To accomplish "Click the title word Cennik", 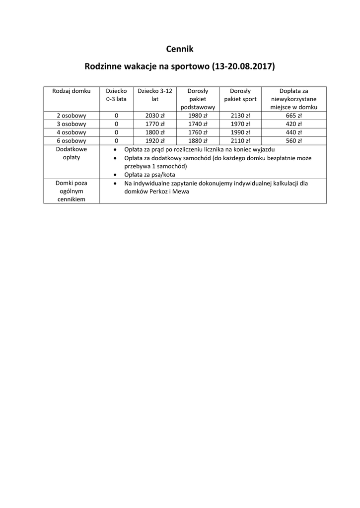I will (x=179, y=49).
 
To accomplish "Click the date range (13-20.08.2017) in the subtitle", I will (x=243, y=66).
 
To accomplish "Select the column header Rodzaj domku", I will (x=72, y=91).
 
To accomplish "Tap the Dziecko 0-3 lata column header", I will (x=116, y=95).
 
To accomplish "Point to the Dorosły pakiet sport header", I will (x=240, y=95).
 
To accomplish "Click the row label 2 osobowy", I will (x=72, y=116).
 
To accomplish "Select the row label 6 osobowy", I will (x=72, y=140).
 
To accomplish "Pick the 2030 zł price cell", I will (x=155, y=116).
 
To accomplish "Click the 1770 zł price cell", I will (x=155, y=124).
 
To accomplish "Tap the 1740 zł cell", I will (x=198, y=124).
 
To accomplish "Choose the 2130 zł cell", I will (x=240, y=116).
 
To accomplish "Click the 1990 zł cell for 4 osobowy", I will (x=240, y=132).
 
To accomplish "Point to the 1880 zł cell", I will (x=198, y=140).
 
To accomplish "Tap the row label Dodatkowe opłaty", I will (x=72, y=153).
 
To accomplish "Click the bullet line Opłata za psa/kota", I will (x=149, y=175).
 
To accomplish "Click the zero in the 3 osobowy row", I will (x=116, y=124).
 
